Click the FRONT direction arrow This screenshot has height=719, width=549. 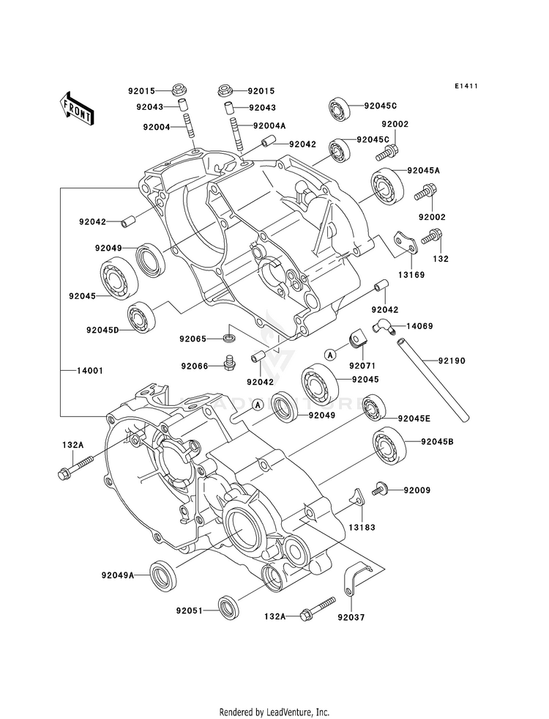coord(76,108)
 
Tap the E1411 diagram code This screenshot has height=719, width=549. coord(466,86)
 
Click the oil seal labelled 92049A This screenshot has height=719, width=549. coord(163,575)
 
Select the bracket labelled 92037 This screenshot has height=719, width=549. coord(356,578)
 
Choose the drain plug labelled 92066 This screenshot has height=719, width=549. coord(227,362)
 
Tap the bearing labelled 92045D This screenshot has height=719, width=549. coord(141,317)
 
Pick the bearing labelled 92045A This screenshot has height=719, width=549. coord(388,186)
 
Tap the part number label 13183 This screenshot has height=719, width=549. coord(362,527)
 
